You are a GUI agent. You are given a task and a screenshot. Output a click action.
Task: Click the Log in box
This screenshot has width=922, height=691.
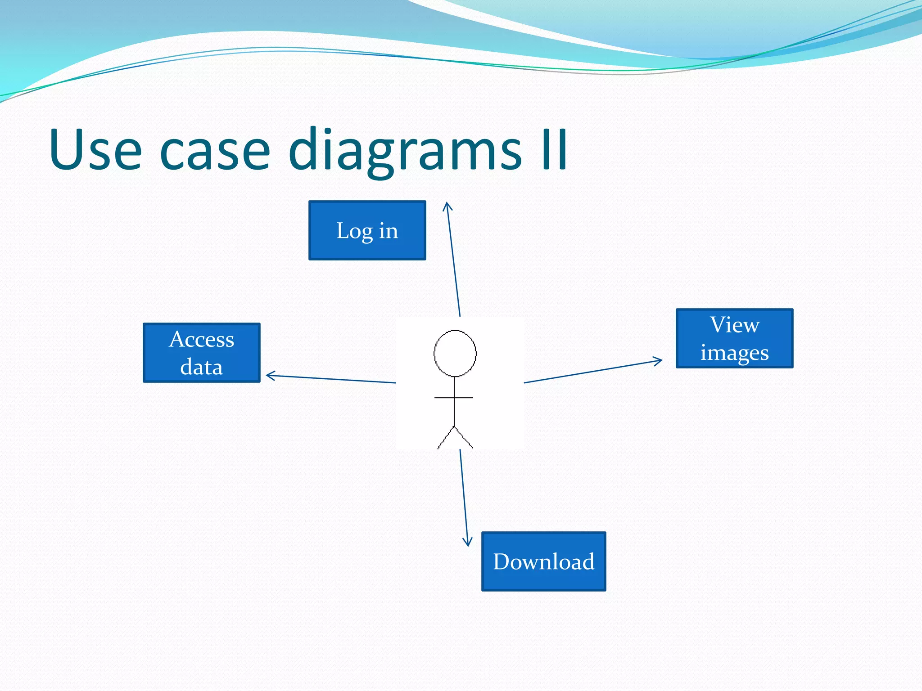367,230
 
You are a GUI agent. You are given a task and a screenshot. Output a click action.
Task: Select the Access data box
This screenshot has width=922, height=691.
201,353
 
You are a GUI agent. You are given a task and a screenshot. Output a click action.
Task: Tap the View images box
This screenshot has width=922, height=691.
734,338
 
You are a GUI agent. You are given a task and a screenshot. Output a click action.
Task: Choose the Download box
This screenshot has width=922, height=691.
543,561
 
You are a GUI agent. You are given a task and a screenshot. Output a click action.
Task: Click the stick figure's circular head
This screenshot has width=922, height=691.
455,353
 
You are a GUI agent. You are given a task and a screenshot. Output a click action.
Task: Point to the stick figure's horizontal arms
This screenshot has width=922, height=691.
453,398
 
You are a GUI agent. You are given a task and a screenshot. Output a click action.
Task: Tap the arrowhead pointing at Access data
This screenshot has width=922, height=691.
269,376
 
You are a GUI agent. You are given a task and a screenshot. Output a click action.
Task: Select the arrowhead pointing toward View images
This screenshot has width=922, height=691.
659,360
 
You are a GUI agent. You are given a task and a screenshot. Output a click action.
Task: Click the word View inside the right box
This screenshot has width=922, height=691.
735,325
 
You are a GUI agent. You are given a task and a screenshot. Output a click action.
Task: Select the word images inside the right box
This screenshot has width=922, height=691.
734,353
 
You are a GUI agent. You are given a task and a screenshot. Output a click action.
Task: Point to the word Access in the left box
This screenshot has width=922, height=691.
201,339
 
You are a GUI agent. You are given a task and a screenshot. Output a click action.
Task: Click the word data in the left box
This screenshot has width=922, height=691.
201,367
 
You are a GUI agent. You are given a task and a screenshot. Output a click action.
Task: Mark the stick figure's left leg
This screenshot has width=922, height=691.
446,438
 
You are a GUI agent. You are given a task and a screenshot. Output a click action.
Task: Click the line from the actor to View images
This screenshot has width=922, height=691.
592,372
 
